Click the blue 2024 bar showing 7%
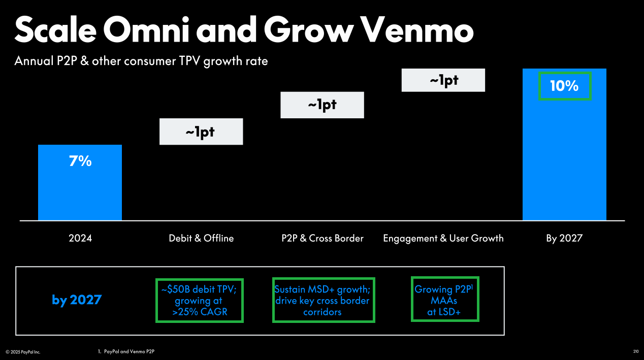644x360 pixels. point(80,183)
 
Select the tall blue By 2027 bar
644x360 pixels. point(564,144)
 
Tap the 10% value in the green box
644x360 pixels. point(564,86)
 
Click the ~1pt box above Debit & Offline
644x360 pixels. point(201,132)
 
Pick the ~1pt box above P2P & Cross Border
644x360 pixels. point(323,105)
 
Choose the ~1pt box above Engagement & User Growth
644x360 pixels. point(443,80)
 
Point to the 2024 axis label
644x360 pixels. point(80,238)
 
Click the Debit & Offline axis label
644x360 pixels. point(201,238)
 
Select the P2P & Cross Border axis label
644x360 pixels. point(323,238)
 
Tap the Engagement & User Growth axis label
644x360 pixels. point(443,238)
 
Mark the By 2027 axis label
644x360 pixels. point(564,238)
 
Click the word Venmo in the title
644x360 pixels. point(417,30)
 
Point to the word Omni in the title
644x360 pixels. point(146,30)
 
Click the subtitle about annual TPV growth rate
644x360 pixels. point(141,61)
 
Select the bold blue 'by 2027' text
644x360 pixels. point(77,300)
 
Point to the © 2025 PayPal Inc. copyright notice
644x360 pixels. point(23,352)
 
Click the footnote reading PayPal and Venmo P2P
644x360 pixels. point(126,351)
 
